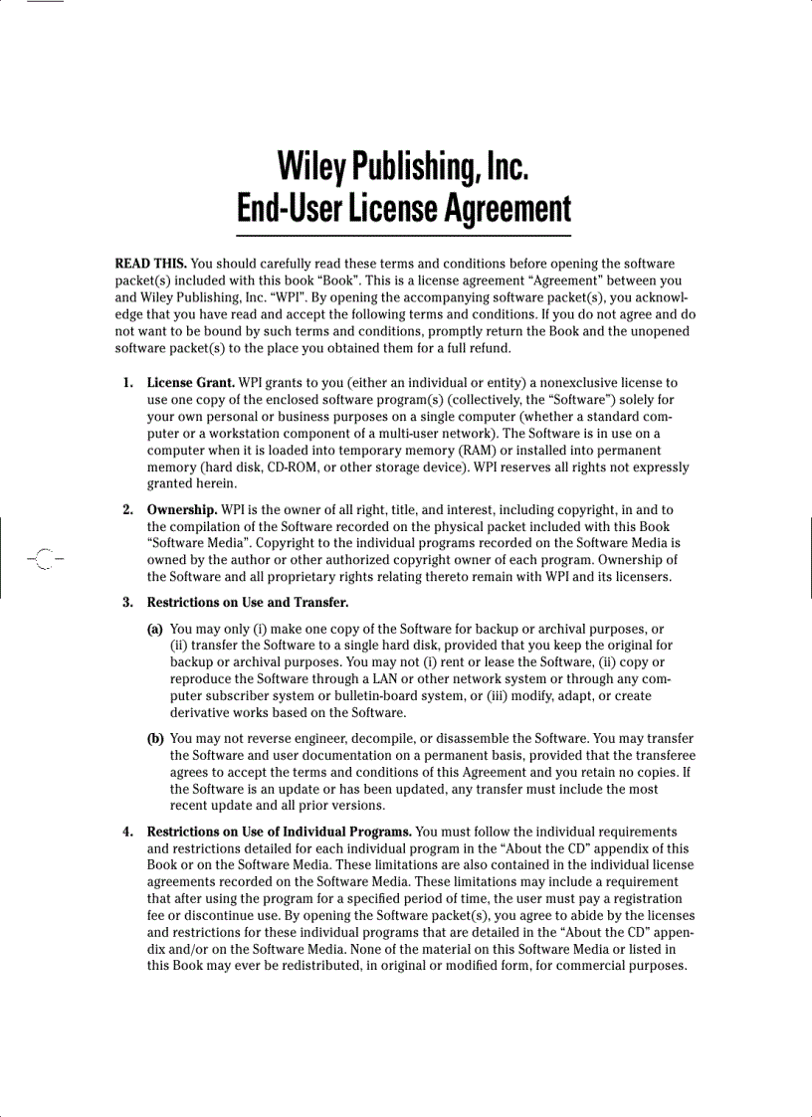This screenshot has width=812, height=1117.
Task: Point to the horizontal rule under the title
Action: click(x=403, y=235)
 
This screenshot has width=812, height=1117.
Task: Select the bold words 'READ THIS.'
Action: click(x=150, y=264)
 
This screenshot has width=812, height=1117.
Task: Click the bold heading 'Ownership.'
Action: click(x=182, y=510)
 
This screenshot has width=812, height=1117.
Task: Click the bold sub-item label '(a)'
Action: click(x=156, y=629)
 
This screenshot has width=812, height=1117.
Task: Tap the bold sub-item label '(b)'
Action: click(x=156, y=739)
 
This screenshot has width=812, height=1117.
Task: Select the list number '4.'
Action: click(x=128, y=832)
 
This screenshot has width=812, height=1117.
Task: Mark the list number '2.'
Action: click(x=128, y=510)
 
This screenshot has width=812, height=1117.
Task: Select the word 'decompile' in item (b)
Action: click(x=362, y=739)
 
